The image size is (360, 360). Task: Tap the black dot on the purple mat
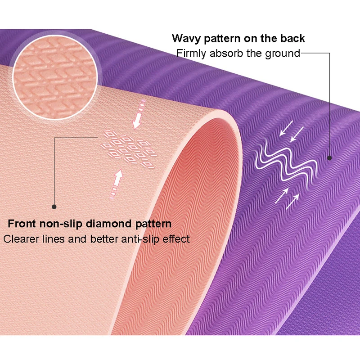tap(329, 157)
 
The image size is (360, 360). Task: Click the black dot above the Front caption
tap(54, 207)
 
